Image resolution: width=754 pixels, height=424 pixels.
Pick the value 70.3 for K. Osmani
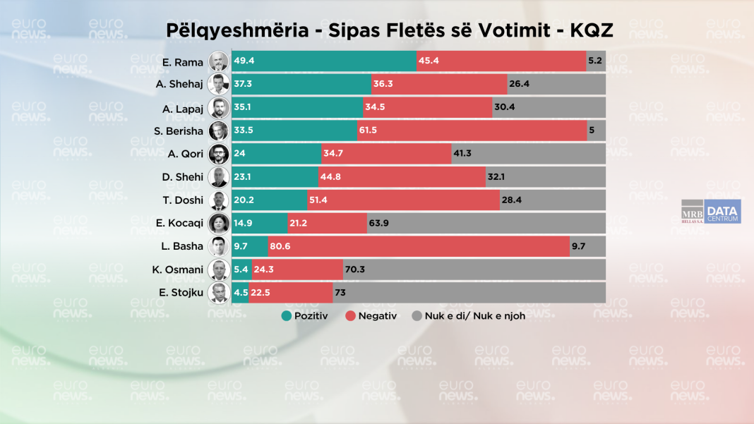pyautogui.click(x=355, y=269)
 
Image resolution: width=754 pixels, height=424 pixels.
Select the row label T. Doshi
pyautogui.click(x=183, y=200)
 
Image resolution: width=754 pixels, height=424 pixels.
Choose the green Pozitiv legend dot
pyautogui.click(x=287, y=316)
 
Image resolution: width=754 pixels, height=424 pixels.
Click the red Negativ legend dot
pyautogui.click(x=349, y=316)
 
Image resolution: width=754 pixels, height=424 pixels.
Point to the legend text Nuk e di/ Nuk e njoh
pyautogui.click(x=474, y=316)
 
